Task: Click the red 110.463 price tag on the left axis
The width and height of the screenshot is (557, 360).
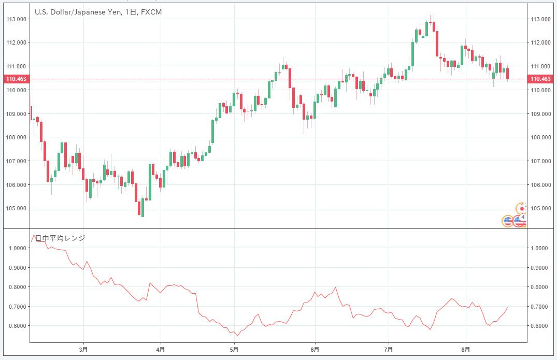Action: (x=16, y=79)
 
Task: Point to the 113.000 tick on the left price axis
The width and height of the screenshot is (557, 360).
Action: (x=16, y=19)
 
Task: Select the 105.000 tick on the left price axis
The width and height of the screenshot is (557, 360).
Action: (x=16, y=208)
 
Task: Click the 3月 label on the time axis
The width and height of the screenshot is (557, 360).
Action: (x=83, y=350)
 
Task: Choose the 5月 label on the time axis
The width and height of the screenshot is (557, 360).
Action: (x=235, y=350)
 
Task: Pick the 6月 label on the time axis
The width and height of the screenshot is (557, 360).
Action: (x=315, y=350)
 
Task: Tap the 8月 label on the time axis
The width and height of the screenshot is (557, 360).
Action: (x=466, y=350)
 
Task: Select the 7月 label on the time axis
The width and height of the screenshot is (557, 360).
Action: (x=389, y=350)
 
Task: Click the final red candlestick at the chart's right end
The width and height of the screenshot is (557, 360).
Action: (x=507, y=74)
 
